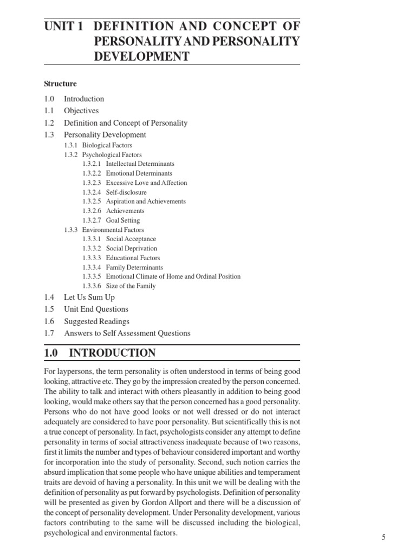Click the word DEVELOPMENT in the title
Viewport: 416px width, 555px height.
(x=142, y=56)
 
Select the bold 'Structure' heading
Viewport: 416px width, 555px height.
(x=60, y=84)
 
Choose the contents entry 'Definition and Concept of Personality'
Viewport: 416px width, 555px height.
(x=126, y=122)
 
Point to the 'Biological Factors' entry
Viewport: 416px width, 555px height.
(x=107, y=145)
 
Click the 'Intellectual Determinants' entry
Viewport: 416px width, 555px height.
(x=140, y=164)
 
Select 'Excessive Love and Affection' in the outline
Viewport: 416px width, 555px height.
(x=146, y=183)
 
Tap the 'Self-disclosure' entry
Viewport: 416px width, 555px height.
(x=126, y=192)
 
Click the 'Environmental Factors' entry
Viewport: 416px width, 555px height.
(x=113, y=230)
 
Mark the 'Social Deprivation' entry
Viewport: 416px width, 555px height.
(x=132, y=249)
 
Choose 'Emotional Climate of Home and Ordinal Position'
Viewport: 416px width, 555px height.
(x=173, y=276)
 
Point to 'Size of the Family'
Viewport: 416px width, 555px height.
(x=131, y=286)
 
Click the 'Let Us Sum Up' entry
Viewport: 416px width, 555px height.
(x=89, y=298)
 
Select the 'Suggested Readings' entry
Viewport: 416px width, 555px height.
(x=96, y=321)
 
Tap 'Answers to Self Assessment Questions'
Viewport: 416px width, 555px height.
(x=127, y=333)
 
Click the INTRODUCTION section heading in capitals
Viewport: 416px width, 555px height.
(x=112, y=353)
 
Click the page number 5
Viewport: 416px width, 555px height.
(x=383, y=537)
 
